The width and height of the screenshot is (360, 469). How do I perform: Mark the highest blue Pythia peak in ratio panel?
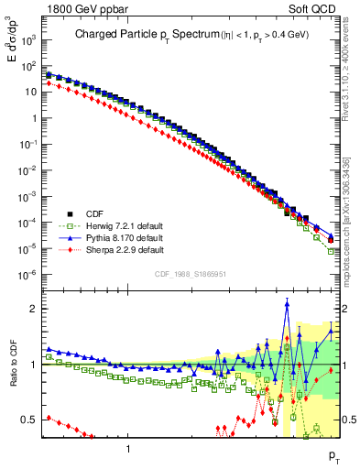point(288,304)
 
